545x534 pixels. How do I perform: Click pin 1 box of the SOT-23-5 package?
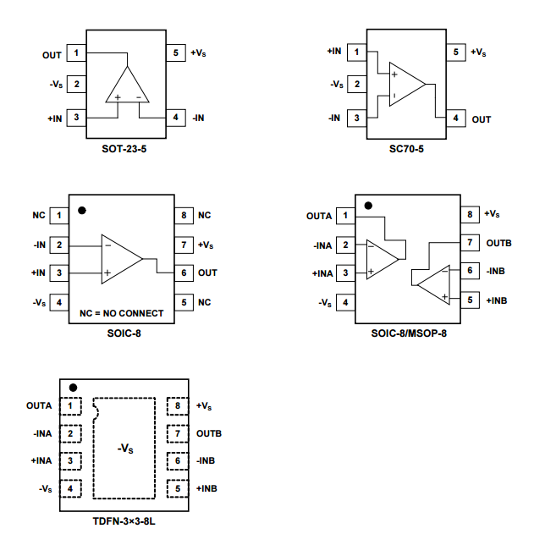coord(76,54)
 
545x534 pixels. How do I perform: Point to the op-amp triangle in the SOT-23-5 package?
coord(126,86)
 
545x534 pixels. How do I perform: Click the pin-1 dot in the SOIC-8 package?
coord(83,210)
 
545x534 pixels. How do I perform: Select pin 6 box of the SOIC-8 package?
coord(184,273)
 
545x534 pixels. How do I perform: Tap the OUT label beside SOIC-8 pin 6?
coord(207,273)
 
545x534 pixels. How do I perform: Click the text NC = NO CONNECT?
coord(122,313)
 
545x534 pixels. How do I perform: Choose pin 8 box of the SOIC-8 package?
coord(184,216)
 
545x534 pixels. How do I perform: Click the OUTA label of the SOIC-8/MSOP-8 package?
coord(319,216)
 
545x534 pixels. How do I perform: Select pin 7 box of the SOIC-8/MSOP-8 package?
coord(469,243)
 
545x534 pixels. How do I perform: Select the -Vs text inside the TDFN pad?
coord(125,448)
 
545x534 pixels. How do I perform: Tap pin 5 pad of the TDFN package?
coord(178,488)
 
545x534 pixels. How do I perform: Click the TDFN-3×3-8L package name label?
coord(124,520)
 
